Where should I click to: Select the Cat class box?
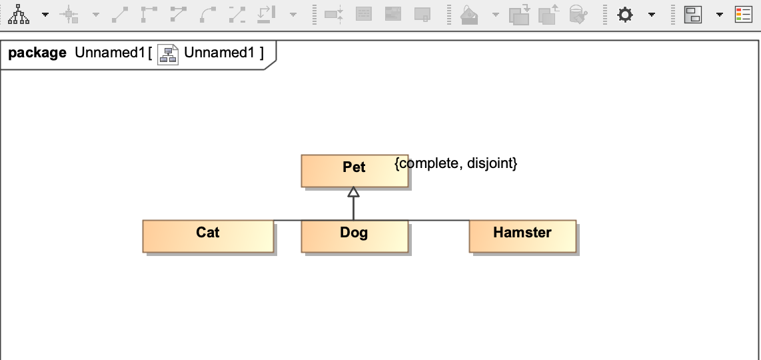point(208,236)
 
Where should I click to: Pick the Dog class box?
point(354,236)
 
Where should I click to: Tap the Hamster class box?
point(522,236)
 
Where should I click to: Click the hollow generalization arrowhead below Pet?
point(354,192)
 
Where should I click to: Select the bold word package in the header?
point(37,53)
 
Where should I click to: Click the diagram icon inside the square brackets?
point(168,54)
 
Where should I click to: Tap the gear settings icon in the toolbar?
point(624,15)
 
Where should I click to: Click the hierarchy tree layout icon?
point(18,15)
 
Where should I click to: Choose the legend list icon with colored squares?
point(743,15)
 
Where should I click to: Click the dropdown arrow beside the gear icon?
point(651,15)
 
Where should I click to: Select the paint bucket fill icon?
point(470,15)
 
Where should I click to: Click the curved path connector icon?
point(208,15)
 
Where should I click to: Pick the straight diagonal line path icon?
point(121,15)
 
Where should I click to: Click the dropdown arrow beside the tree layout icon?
point(45,15)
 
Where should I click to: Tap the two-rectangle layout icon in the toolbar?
point(693,15)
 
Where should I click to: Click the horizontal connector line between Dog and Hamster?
point(438,220)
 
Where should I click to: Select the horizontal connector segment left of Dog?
point(287,220)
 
